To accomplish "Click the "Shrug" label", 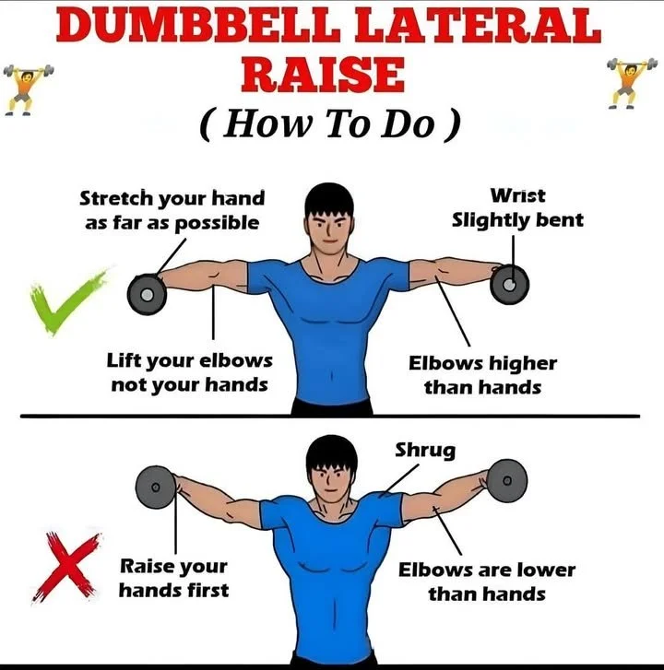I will click(x=425, y=451).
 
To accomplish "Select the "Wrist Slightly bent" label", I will click(x=516, y=208).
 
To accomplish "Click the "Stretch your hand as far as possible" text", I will click(x=172, y=210).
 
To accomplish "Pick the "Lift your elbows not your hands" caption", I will click(x=189, y=371).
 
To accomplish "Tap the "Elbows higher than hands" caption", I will click(x=482, y=375).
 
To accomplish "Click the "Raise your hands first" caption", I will click(x=172, y=577).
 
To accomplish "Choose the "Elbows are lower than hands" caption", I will click(x=485, y=582).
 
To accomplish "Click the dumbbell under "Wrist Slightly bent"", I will click(x=509, y=283).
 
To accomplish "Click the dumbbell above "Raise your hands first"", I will click(x=155, y=484).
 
